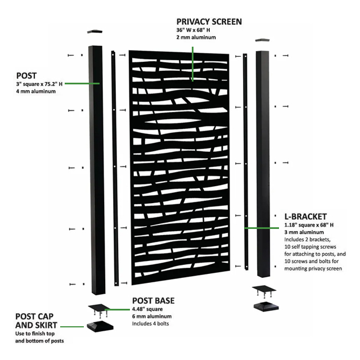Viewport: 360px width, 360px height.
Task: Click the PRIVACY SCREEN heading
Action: (209, 21)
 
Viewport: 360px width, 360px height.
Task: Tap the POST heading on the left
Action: (26, 76)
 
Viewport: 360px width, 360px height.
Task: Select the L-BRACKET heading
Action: (305, 217)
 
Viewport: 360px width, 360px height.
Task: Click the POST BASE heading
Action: (154, 300)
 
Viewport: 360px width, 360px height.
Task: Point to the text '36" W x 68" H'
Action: (193, 30)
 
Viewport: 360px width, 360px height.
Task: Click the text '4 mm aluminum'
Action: (36, 91)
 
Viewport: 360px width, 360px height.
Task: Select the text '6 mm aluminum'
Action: (152, 316)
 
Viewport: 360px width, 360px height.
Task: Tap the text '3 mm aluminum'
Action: (304, 232)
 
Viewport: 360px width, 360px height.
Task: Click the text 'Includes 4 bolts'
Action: (150, 324)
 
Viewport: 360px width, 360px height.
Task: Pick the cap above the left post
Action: (95, 31)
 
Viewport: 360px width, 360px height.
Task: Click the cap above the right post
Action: (263, 40)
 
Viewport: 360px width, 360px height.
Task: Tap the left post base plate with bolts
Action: (99, 310)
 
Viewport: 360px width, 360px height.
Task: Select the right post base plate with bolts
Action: (264, 290)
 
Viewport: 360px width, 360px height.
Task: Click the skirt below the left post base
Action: (100, 326)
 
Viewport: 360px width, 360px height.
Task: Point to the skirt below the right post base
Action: (266, 307)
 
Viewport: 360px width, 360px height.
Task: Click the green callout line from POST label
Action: (82, 84)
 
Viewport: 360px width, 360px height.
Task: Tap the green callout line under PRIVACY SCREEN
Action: (192, 64)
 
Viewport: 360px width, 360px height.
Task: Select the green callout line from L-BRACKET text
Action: (262, 228)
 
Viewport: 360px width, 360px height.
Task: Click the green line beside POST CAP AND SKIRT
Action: (72, 326)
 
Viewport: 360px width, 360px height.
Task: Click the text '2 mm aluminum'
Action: (196, 38)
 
